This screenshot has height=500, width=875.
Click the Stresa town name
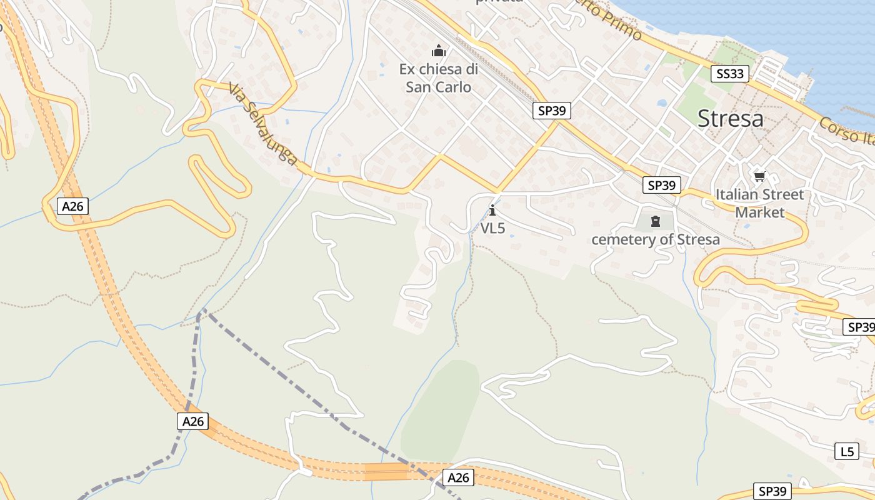click(730, 118)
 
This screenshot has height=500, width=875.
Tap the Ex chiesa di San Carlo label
click(439, 78)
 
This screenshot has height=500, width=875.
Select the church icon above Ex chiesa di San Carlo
click(439, 51)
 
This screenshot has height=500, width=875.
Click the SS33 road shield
click(730, 74)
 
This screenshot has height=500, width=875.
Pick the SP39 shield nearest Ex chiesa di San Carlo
click(552, 111)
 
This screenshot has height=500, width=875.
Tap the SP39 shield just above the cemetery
click(662, 185)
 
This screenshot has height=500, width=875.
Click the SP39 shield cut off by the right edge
click(859, 327)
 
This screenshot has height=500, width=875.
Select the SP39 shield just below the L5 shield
click(773, 491)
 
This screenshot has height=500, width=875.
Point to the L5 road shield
click(847, 451)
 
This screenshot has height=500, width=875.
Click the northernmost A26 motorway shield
click(72, 206)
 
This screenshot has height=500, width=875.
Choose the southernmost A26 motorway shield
click(458, 477)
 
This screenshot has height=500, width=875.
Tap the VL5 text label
click(492, 229)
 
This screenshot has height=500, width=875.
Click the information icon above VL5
click(492, 210)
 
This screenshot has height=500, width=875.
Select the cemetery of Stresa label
click(656, 239)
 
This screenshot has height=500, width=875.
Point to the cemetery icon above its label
click(656, 221)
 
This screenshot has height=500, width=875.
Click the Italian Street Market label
click(759, 203)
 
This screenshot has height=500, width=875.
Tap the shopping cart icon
click(760, 176)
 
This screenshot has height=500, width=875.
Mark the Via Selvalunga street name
click(262, 124)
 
